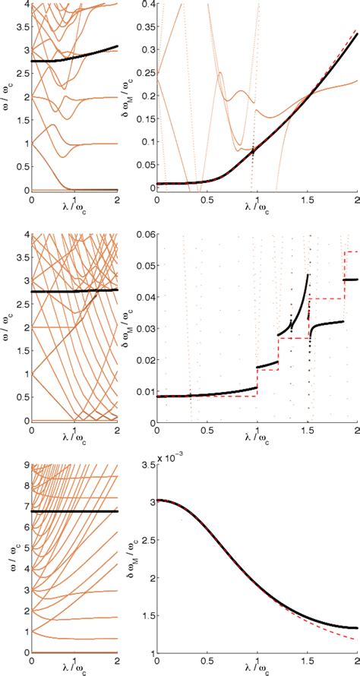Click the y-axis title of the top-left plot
(7, 97)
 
